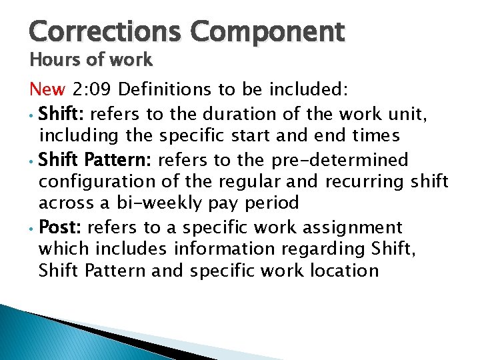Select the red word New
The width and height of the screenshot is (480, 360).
[47, 89]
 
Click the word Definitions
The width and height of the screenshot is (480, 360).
[166, 89]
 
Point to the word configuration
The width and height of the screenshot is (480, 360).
[93, 182]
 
